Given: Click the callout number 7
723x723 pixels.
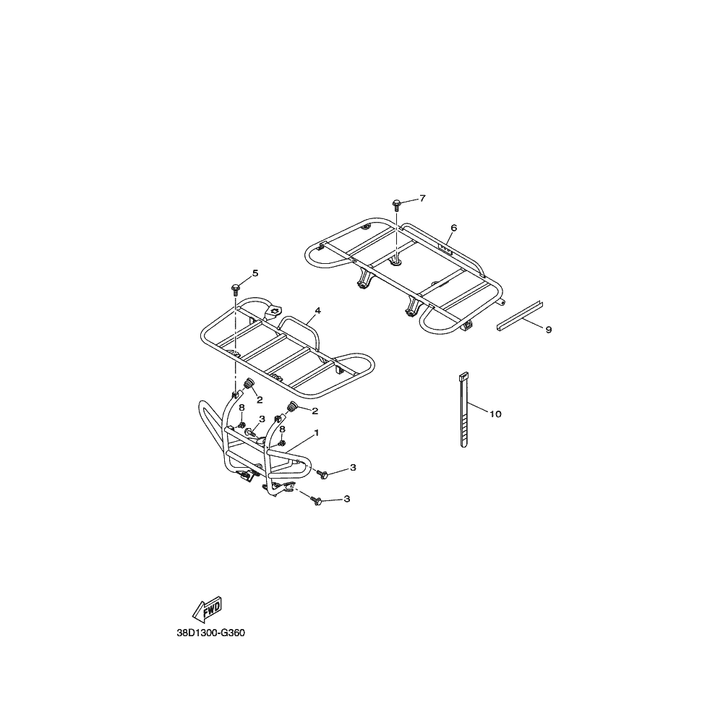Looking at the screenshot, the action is point(422,198).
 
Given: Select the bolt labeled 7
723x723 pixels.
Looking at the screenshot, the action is point(396,205).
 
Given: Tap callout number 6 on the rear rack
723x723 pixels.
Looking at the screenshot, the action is point(454,228).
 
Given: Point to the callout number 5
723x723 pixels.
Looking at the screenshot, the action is point(255,273).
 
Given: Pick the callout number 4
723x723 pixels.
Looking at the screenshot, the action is point(317,311).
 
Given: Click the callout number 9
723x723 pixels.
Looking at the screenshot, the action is point(548,330).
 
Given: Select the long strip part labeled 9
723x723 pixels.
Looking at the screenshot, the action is point(520,316).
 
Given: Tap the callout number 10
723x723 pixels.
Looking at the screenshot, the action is point(495,414).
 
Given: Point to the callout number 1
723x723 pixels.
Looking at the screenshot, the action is point(317,433).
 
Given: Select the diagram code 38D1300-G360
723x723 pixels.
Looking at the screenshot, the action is point(210,633).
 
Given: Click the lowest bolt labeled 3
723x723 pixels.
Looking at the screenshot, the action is point(317,501).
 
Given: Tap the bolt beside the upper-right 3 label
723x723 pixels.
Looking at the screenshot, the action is point(322,474).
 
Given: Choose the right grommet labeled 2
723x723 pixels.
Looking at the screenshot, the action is point(291,407).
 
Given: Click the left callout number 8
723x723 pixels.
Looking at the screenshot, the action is point(241,408).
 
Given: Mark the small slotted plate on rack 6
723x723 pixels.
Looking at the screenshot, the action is point(445,249).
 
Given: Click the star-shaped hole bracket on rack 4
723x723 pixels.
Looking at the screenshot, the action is point(275,310).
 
